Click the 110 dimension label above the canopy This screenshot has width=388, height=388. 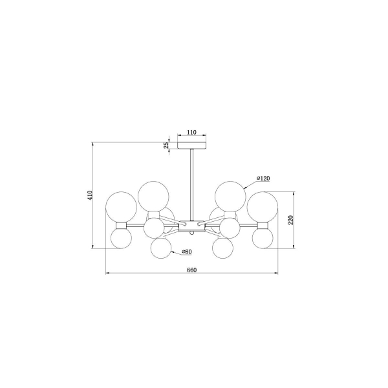point(191,133)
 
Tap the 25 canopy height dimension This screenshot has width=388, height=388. point(166,145)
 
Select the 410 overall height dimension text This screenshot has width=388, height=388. point(91,194)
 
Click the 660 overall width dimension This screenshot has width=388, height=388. point(191,268)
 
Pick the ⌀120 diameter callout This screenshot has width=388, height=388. point(263,177)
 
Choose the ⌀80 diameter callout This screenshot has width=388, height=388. point(186,252)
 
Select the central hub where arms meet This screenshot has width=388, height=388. point(191,226)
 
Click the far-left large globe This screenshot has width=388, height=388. point(121,206)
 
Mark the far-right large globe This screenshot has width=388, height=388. point(263,206)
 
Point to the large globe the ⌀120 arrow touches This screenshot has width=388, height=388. point(231,195)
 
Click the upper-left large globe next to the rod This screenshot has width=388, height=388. point(153,195)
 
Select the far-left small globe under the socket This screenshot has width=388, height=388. point(121,238)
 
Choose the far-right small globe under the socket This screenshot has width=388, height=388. point(263,238)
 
